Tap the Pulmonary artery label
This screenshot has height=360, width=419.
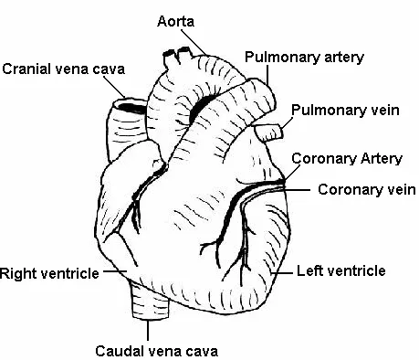[x=304, y=57]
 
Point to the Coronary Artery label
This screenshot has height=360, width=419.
[x=346, y=158]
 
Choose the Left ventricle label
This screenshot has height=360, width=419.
[x=353, y=270]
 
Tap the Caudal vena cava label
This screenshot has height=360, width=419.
[x=156, y=348]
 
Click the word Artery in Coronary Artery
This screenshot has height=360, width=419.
[x=381, y=158]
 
